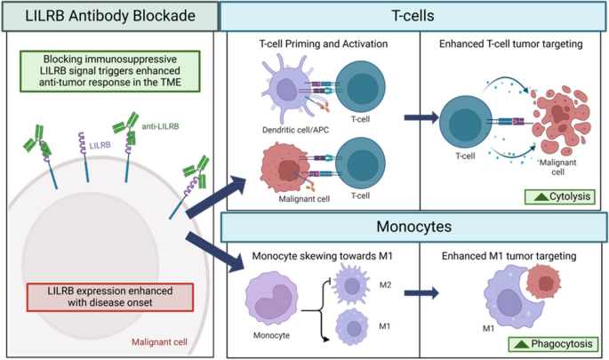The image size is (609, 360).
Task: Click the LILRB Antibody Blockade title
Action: (109, 15)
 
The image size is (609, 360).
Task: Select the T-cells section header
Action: (413, 15)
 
